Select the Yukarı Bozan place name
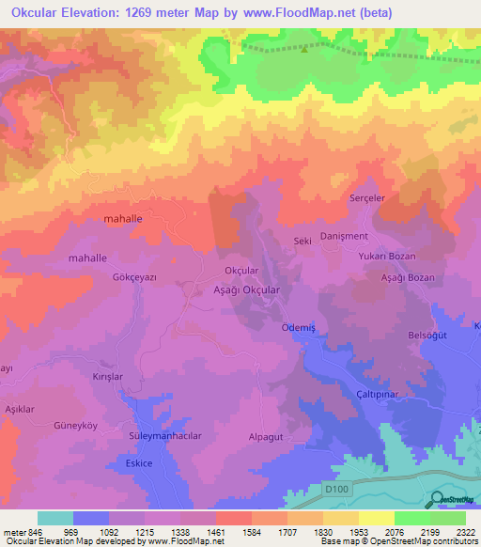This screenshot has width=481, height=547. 386,256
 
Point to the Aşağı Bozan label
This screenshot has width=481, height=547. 407,279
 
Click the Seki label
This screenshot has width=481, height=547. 303,242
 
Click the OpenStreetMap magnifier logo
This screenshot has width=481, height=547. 438,499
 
